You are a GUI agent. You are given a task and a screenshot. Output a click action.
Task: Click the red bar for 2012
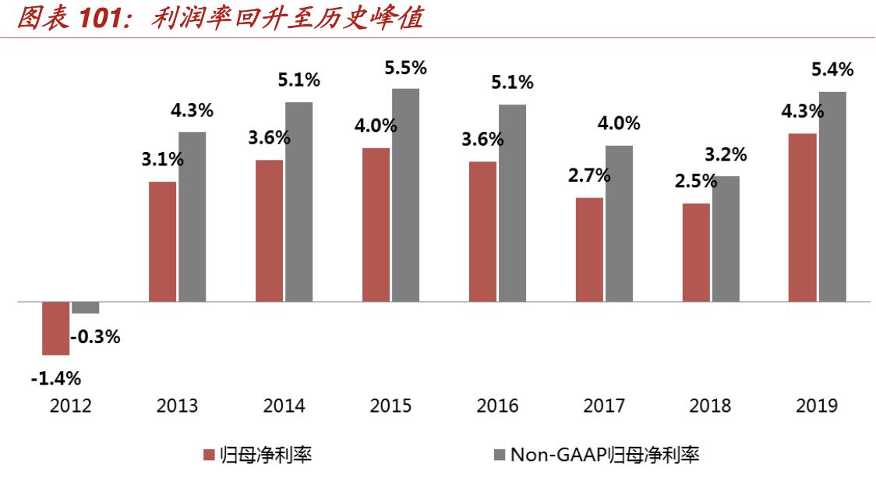[x=55, y=328]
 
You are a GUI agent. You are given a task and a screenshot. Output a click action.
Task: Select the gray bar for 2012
[x=85, y=307]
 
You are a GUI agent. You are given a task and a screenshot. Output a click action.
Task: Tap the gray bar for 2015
[x=405, y=195]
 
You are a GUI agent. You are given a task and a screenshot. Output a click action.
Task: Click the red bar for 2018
[x=696, y=252]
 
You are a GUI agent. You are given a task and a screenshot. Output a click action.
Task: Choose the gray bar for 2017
[x=619, y=223]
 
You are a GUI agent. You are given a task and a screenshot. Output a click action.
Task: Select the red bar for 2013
[x=162, y=241]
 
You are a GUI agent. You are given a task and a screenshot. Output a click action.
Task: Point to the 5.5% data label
[x=405, y=69]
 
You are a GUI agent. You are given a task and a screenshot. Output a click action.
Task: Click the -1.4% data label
[x=56, y=379]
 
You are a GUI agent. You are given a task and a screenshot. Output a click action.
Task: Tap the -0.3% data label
[x=95, y=338]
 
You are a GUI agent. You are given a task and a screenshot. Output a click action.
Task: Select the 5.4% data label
[x=832, y=70]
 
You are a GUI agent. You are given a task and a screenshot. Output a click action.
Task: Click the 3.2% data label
[x=726, y=155]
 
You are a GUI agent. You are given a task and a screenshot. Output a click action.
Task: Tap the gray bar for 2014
[x=298, y=201]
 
